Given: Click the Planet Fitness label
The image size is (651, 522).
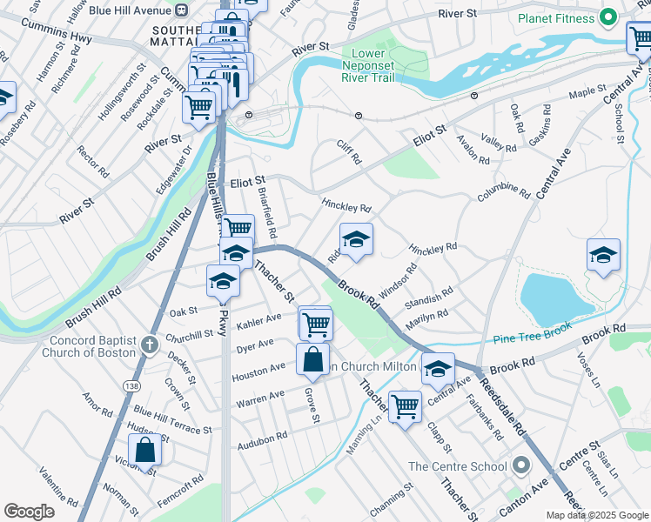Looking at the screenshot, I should (x=556, y=18).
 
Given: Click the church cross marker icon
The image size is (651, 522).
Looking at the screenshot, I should (x=149, y=345).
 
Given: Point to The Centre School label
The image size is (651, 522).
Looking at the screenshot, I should (x=458, y=466).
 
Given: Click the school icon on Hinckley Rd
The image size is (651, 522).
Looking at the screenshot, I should (x=355, y=239).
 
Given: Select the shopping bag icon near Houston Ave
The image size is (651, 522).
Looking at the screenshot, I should (x=312, y=358).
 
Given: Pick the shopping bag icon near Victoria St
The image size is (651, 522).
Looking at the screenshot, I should (x=145, y=450).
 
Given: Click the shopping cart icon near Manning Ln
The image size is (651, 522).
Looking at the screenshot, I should (x=405, y=405).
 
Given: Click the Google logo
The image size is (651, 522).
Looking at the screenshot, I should (x=29, y=512).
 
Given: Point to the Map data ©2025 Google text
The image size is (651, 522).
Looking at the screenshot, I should (x=596, y=515).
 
